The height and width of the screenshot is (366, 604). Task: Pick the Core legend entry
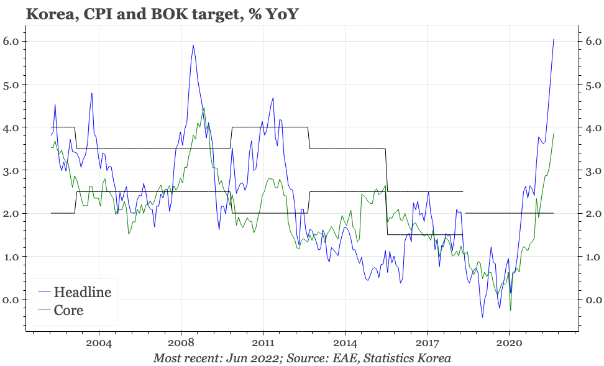(68, 309)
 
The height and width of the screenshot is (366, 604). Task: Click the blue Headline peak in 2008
(193, 45)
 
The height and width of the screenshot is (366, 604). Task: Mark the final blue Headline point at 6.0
(553, 40)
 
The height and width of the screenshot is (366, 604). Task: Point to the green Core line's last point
(553, 134)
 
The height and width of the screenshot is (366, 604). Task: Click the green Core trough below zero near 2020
(510, 310)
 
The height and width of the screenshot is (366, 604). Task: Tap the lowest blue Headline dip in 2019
(482, 318)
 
